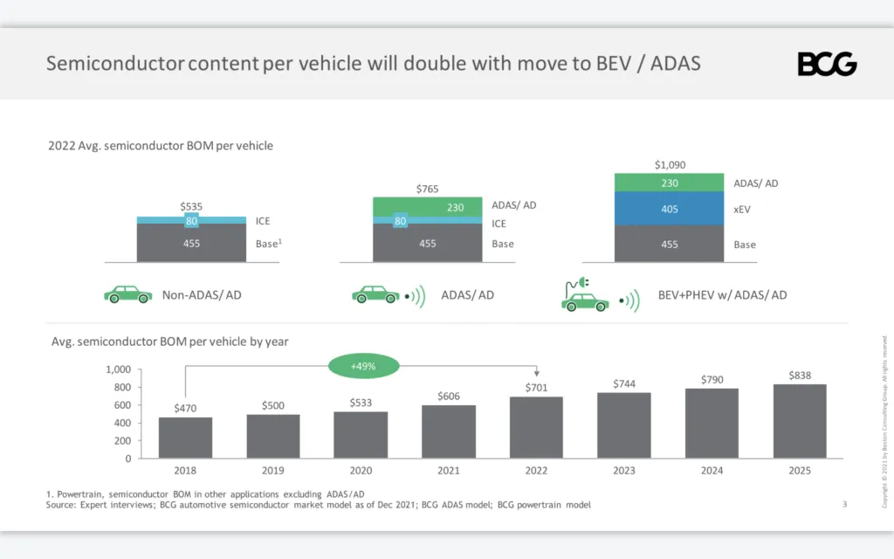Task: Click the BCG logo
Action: [x=827, y=64]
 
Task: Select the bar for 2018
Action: [x=185, y=437]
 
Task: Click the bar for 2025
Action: [x=799, y=421]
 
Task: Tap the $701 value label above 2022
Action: [x=537, y=387]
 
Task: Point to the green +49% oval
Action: [x=363, y=367]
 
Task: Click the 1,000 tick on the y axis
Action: [x=117, y=369]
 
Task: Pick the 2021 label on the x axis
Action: [x=449, y=471]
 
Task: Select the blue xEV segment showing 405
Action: [x=670, y=210]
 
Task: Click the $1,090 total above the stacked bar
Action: [x=670, y=164]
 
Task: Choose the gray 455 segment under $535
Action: [x=190, y=244]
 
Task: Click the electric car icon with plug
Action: [x=584, y=296]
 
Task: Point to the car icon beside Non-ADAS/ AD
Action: [x=127, y=294]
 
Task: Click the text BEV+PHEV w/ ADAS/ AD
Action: [x=722, y=295]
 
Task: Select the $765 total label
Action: [x=428, y=189]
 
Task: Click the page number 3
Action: [x=844, y=503]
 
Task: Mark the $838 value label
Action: [x=799, y=376]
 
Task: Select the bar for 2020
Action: [x=361, y=434]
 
